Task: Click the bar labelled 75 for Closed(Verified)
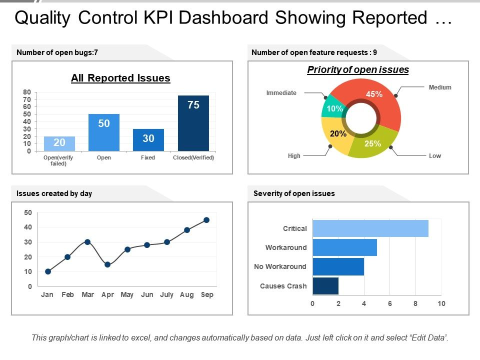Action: [x=193, y=123]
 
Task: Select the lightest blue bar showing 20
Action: [x=59, y=143]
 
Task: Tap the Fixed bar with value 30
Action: [x=148, y=140]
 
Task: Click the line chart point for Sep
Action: [x=206, y=220]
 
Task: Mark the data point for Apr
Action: [x=107, y=264]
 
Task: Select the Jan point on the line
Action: [x=48, y=271]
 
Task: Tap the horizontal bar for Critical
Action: [x=370, y=228]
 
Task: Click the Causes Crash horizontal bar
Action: [x=325, y=286]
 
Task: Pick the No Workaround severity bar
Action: [x=338, y=266]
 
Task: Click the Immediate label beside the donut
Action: [x=281, y=93]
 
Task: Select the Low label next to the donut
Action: [x=434, y=156]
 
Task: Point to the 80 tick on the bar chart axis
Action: [x=27, y=92]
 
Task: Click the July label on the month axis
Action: [x=166, y=294]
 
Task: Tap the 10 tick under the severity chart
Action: [x=441, y=303]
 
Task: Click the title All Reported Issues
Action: [x=120, y=78]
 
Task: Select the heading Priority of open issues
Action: [x=358, y=70]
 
